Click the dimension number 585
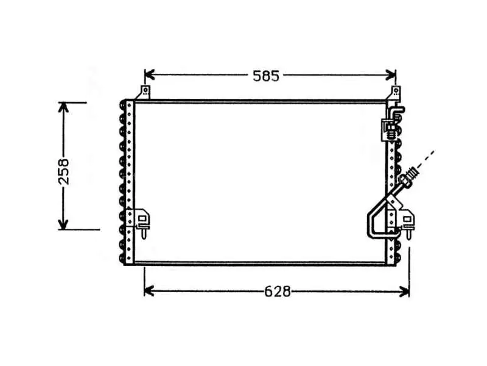[266, 76]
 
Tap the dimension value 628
[278, 292]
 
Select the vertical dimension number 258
[64, 171]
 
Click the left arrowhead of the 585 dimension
[149, 75]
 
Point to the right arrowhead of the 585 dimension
[390, 75]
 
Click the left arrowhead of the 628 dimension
[149, 292]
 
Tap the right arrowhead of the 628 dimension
[404, 292]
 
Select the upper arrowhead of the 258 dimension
[63, 107]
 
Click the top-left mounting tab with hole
[144, 93]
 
